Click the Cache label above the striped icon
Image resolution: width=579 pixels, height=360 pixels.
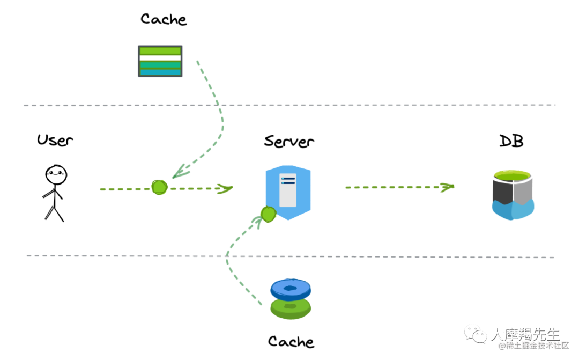pyautogui.click(x=164, y=19)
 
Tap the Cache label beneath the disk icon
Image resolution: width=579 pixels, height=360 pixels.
pyautogui.click(x=291, y=341)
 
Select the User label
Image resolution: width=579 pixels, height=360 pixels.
pyautogui.click(x=55, y=141)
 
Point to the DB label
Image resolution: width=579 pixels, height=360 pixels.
pyautogui.click(x=511, y=141)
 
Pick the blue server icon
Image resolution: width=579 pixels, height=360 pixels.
pyautogui.click(x=288, y=192)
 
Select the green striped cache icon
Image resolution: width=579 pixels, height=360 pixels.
pyautogui.click(x=160, y=61)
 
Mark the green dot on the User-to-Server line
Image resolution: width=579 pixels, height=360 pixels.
pyautogui.click(x=159, y=187)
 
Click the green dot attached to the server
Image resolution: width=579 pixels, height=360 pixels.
pyautogui.click(x=268, y=215)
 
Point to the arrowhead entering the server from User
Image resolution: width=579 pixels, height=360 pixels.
pyautogui.click(x=226, y=188)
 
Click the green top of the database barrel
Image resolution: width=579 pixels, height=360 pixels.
pyautogui.click(x=513, y=176)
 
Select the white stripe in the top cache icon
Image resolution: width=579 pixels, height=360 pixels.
pyautogui.click(x=160, y=57)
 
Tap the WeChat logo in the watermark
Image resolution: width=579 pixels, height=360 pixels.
pyautogui.click(x=476, y=336)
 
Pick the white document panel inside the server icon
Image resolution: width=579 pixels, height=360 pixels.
pyautogui.click(x=288, y=190)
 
